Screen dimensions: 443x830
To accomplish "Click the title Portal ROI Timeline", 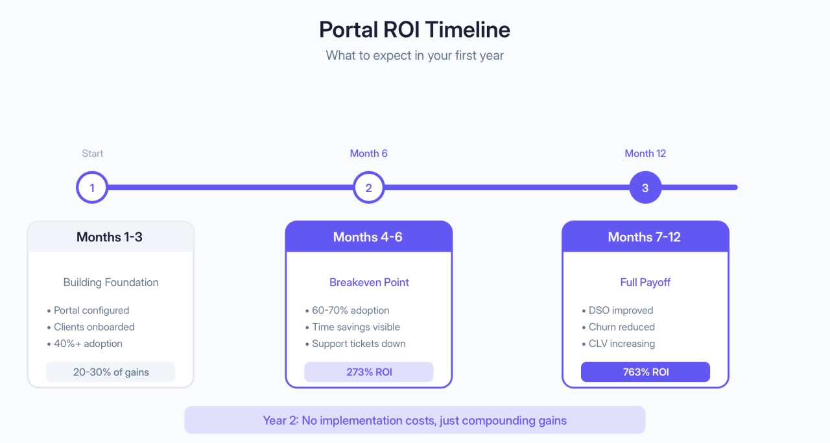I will coord(414,30).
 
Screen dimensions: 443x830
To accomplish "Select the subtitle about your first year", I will coord(414,55).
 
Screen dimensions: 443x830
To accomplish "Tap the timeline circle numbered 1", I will coord(92,188).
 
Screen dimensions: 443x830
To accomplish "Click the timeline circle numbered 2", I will coord(368,188).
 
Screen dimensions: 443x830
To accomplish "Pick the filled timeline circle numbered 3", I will coord(645,188).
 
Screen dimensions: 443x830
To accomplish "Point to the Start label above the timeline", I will coord(92,154).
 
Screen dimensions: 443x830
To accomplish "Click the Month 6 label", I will coord(368,154).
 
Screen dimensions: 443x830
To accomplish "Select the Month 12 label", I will coord(645,154).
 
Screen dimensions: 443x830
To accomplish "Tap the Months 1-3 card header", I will coord(110,237).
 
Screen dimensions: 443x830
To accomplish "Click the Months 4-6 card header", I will coord(368,237).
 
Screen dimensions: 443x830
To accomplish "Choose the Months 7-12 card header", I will coord(645,237).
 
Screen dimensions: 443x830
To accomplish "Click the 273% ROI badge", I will coord(368,372).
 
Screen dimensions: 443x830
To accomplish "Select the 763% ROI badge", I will coord(645,372).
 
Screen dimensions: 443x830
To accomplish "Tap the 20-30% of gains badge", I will coord(110,372).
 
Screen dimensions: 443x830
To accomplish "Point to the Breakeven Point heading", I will coord(368,282).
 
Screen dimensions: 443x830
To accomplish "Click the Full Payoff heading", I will coord(645,282).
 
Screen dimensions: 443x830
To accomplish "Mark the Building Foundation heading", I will coord(110,282).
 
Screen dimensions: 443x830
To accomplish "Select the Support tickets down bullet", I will coord(358,344).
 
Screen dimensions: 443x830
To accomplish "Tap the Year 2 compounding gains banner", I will coord(414,420).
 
